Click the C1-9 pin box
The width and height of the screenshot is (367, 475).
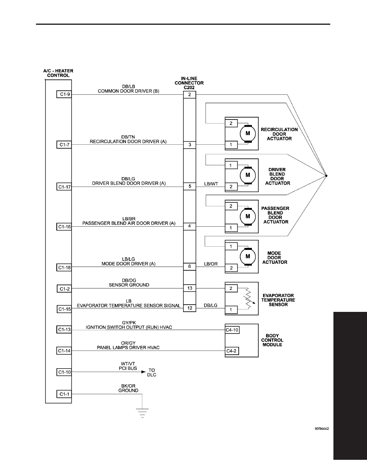pyautogui.click(x=64, y=94)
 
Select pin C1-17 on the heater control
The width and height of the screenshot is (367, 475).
pyautogui.click(x=64, y=187)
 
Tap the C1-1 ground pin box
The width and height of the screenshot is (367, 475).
pyautogui.click(x=64, y=394)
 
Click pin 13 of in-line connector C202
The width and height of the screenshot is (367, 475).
pyautogui.click(x=189, y=288)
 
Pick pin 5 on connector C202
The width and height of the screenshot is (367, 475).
pyautogui.click(x=189, y=186)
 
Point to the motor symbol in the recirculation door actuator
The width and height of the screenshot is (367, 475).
pyautogui.click(x=248, y=133)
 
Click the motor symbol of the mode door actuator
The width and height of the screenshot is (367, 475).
pyautogui.click(x=248, y=256)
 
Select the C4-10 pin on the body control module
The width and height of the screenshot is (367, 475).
pyautogui.click(x=232, y=330)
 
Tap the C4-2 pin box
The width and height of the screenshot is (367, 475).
pyautogui.click(x=231, y=351)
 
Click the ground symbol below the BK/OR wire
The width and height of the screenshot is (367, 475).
pyautogui.click(x=142, y=413)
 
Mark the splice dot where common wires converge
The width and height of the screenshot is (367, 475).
pyautogui.click(x=326, y=176)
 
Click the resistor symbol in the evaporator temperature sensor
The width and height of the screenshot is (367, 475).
pyautogui.click(x=248, y=299)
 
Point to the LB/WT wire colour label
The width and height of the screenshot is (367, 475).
pyautogui.click(x=211, y=184)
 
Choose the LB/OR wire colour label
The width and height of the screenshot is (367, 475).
pyautogui.click(x=211, y=264)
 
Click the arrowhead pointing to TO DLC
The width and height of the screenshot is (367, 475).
pyautogui.click(x=144, y=372)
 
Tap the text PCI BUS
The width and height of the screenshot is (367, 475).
pyautogui.click(x=128, y=368)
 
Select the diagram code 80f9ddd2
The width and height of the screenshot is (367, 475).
pyautogui.click(x=322, y=429)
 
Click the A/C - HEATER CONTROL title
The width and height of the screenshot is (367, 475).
pyautogui.click(x=58, y=73)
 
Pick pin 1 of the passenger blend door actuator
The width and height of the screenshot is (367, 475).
pyautogui.click(x=231, y=228)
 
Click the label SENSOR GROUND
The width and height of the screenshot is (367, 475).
pyautogui.click(x=129, y=285)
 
